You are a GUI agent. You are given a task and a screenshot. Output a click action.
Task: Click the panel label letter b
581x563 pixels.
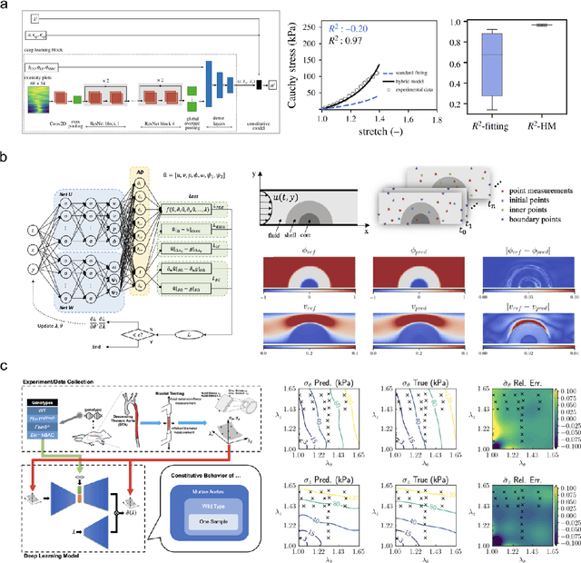[5, 158]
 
